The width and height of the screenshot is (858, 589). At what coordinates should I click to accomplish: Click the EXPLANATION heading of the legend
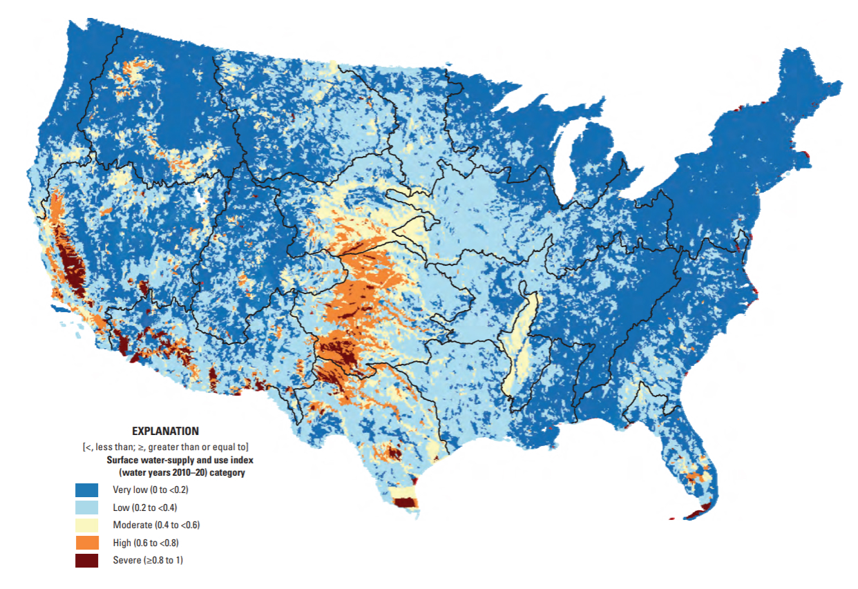pyautogui.click(x=165, y=431)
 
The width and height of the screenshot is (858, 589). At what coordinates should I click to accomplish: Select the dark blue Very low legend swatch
pyautogui.click(x=87, y=490)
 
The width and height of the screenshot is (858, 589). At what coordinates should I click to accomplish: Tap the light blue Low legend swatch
pyautogui.click(x=87, y=508)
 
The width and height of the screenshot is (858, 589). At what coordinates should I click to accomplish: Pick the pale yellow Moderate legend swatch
pyautogui.click(x=87, y=525)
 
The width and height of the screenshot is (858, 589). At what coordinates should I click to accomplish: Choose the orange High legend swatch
pyautogui.click(x=87, y=543)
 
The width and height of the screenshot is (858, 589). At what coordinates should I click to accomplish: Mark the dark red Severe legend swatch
pyautogui.click(x=87, y=560)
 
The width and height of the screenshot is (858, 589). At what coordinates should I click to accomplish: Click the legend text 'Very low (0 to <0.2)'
pyautogui.click(x=150, y=490)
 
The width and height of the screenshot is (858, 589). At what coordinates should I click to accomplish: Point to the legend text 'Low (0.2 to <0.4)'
pyautogui.click(x=146, y=508)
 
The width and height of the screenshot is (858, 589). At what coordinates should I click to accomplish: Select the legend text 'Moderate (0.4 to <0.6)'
pyautogui.click(x=156, y=525)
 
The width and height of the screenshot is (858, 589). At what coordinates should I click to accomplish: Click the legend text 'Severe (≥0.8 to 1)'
pyautogui.click(x=148, y=560)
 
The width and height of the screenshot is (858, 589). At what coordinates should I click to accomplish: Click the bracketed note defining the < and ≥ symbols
pyautogui.click(x=165, y=446)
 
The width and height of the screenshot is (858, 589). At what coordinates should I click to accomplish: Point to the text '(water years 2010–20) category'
pyautogui.click(x=182, y=473)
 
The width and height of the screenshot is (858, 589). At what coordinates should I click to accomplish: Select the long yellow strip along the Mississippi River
pyautogui.click(x=519, y=338)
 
